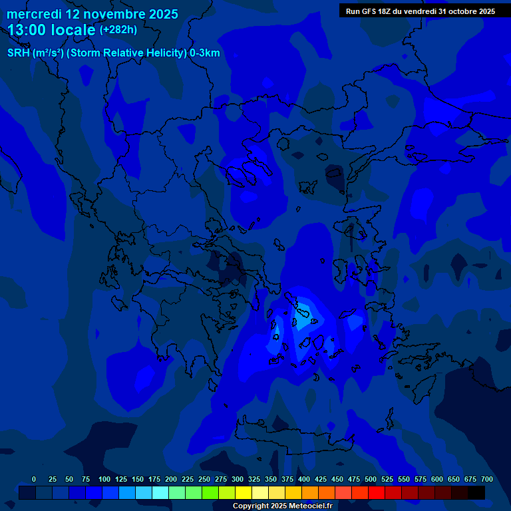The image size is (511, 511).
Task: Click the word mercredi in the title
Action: [34, 14]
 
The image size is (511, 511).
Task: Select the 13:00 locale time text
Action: [52, 30]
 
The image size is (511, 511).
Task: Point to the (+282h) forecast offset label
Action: [118, 30]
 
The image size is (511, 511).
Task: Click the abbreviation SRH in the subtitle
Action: [19, 53]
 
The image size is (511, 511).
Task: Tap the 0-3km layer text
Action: [205, 53]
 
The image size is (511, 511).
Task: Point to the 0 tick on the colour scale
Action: [34, 479]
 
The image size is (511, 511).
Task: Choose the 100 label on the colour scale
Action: [104, 479]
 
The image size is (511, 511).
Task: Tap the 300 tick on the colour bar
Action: [238, 479]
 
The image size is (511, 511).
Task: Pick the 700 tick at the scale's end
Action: [487, 479]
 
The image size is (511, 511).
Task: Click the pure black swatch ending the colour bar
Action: [476, 492]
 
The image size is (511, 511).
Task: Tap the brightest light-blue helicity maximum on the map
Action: [303, 310]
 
